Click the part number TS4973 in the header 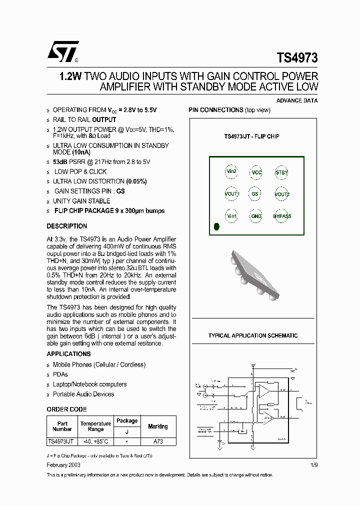point(297,57)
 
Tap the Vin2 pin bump point(231,171)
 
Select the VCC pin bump point(256,172)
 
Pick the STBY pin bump point(281,172)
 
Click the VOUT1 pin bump point(231,194)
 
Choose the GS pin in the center point(255,194)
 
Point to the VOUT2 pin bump point(282,194)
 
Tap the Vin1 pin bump point(231,216)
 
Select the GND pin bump point(256,216)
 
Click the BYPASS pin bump point(282,216)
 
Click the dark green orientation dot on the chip point(216,226)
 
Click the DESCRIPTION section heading point(67,226)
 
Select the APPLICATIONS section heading point(68,353)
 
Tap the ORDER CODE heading point(66,409)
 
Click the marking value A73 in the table point(158,441)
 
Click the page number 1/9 point(313,464)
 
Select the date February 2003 point(63,464)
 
